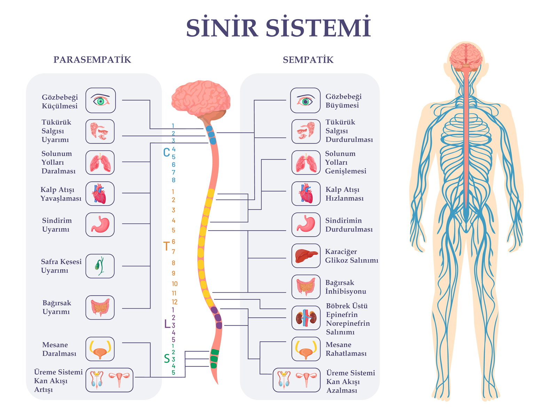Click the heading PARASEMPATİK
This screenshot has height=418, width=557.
click(92, 60)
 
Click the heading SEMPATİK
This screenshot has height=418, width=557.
click(308, 60)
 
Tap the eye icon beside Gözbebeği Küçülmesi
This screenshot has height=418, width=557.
click(101, 101)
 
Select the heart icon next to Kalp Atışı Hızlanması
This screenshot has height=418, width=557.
click(306, 193)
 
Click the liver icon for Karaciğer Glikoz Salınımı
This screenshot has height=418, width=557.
click(306, 256)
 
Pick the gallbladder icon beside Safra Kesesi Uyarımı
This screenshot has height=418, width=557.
click(100, 266)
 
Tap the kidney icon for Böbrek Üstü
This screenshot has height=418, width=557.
click(306, 318)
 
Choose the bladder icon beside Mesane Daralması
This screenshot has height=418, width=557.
click(100, 349)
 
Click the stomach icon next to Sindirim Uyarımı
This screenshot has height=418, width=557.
click(100, 225)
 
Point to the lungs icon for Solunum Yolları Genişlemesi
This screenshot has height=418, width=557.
click(306, 163)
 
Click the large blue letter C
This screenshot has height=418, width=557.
click(166, 152)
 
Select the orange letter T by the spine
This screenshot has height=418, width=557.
click(166, 246)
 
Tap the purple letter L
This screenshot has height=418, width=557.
click(167, 324)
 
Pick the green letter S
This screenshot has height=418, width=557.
click(167, 358)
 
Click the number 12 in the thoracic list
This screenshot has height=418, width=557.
click(174, 302)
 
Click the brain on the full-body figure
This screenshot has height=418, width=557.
click(466, 56)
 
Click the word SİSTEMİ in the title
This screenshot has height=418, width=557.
click(319, 28)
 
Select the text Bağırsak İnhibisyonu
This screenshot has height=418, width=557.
click(345, 287)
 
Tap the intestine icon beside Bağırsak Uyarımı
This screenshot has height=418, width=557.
click(100, 308)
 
